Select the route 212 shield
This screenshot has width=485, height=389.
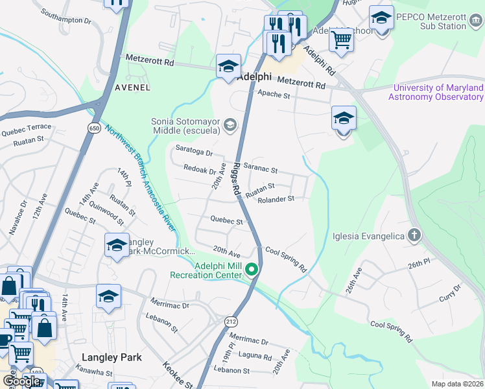coord(231,321)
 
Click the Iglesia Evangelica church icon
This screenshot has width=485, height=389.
coord(414,236)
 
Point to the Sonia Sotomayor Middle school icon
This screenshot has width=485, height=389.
coord(230,124)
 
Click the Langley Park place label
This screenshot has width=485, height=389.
coord(112,357)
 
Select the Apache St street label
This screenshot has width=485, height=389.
coord(274,95)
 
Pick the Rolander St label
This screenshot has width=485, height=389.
coord(276,199)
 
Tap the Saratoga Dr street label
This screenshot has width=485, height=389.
coord(195,152)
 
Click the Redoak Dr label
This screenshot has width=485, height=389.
coord(200,171)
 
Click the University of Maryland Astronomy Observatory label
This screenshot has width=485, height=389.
coord(436,92)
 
